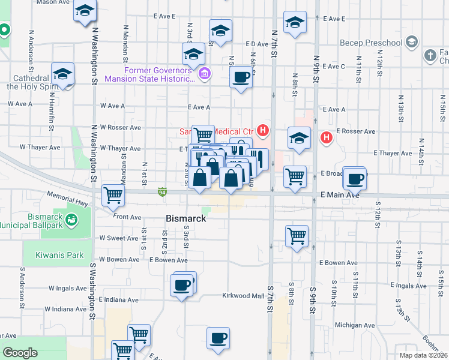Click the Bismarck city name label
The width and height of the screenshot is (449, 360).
point(185,219)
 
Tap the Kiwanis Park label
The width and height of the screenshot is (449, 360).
point(59,255)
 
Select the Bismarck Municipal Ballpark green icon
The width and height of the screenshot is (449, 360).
point(73,220)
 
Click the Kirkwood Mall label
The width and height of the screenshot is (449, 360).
point(243,296)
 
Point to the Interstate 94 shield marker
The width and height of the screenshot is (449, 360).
point(163,192)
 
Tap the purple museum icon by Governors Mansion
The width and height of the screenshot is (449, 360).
point(204,75)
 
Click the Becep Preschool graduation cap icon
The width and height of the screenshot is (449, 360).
point(411,43)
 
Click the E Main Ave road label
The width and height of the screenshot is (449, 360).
point(339,195)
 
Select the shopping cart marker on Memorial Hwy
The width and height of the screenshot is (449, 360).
point(113,195)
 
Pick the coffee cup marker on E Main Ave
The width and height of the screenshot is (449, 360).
point(355,178)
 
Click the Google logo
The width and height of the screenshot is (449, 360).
point(20,353)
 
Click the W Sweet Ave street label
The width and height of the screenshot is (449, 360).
point(119,238)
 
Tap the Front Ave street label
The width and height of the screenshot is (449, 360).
point(127,217)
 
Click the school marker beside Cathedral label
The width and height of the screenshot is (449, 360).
point(63,74)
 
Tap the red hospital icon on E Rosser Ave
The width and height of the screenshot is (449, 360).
point(326,137)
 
